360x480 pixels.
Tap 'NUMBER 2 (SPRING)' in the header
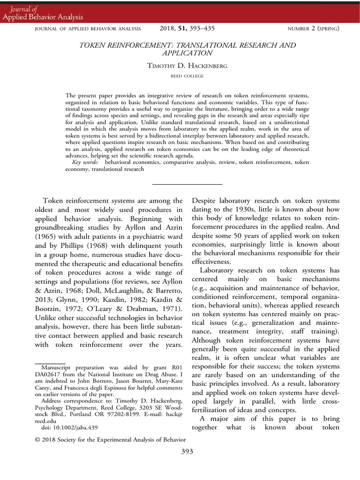coord(313,29)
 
